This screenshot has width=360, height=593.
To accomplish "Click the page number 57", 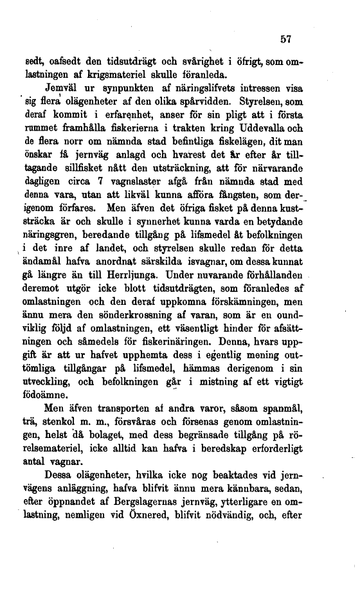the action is click(286, 39).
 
